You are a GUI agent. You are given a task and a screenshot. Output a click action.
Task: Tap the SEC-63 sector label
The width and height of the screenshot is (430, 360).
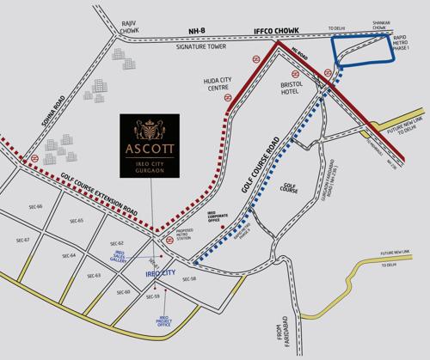pos(94,275)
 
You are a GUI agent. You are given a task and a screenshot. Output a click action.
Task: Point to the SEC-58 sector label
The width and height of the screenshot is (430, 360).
pos(189,279)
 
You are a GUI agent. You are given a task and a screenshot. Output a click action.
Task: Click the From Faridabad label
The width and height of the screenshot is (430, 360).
pos(274,333)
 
